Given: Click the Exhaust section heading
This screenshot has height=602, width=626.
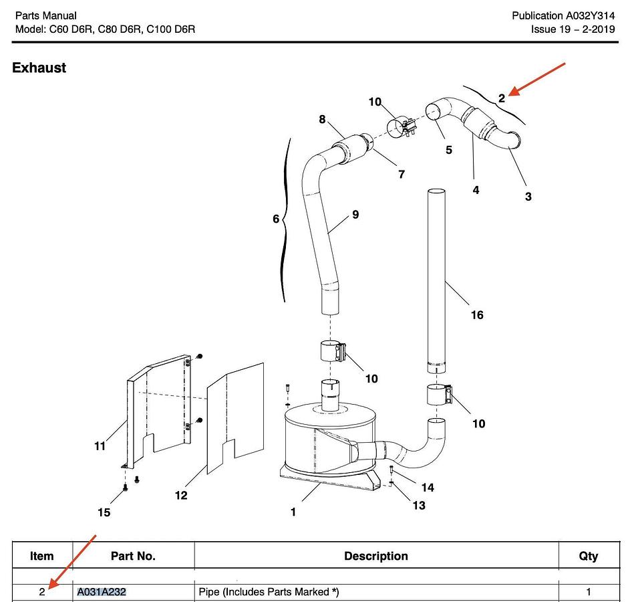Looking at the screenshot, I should (39, 68).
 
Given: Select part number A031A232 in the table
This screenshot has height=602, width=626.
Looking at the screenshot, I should (102, 592).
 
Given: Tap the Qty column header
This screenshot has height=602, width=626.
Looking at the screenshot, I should (588, 556).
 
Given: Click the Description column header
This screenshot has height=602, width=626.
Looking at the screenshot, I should (375, 556).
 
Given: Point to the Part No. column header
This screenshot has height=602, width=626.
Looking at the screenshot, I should (133, 556).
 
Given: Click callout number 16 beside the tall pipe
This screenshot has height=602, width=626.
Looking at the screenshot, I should (476, 315).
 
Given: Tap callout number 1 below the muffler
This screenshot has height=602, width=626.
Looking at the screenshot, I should (293, 512).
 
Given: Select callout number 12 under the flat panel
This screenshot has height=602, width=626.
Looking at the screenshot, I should (181, 496).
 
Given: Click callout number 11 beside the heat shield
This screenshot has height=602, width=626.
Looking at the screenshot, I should (100, 446).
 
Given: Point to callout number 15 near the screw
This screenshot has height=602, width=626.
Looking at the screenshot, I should (104, 512).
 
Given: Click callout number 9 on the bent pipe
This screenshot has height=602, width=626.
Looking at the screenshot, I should (355, 215).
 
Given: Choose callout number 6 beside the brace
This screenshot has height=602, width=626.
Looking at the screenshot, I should (275, 219).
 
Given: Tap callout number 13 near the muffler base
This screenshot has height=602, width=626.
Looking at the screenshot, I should (418, 505).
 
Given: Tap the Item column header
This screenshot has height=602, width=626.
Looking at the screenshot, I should (42, 556).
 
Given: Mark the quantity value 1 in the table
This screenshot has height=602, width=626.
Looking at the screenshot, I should (588, 592).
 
